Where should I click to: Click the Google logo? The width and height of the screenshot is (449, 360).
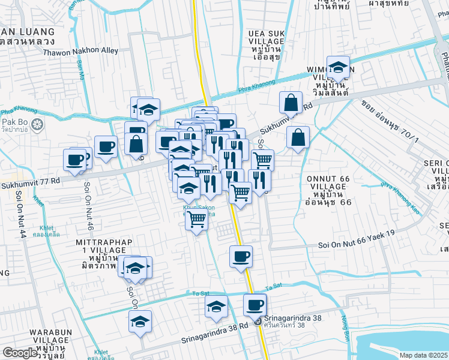pyautogui.click(x=19, y=353)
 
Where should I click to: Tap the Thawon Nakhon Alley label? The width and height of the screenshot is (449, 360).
pyautogui.click(x=81, y=51)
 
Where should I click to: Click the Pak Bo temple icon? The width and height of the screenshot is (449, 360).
pyautogui.click(x=38, y=125)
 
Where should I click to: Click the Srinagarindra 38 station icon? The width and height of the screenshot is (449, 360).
pyautogui.click(x=258, y=322)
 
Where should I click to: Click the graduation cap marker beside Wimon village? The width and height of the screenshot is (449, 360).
pyautogui.click(x=338, y=67)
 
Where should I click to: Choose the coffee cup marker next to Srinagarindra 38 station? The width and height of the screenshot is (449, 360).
pyautogui.click(x=255, y=305)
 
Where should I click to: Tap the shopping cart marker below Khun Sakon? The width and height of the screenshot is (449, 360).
pyautogui.click(x=196, y=220)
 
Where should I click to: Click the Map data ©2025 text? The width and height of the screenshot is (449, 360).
pyautogui.click(x=424, y=355)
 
